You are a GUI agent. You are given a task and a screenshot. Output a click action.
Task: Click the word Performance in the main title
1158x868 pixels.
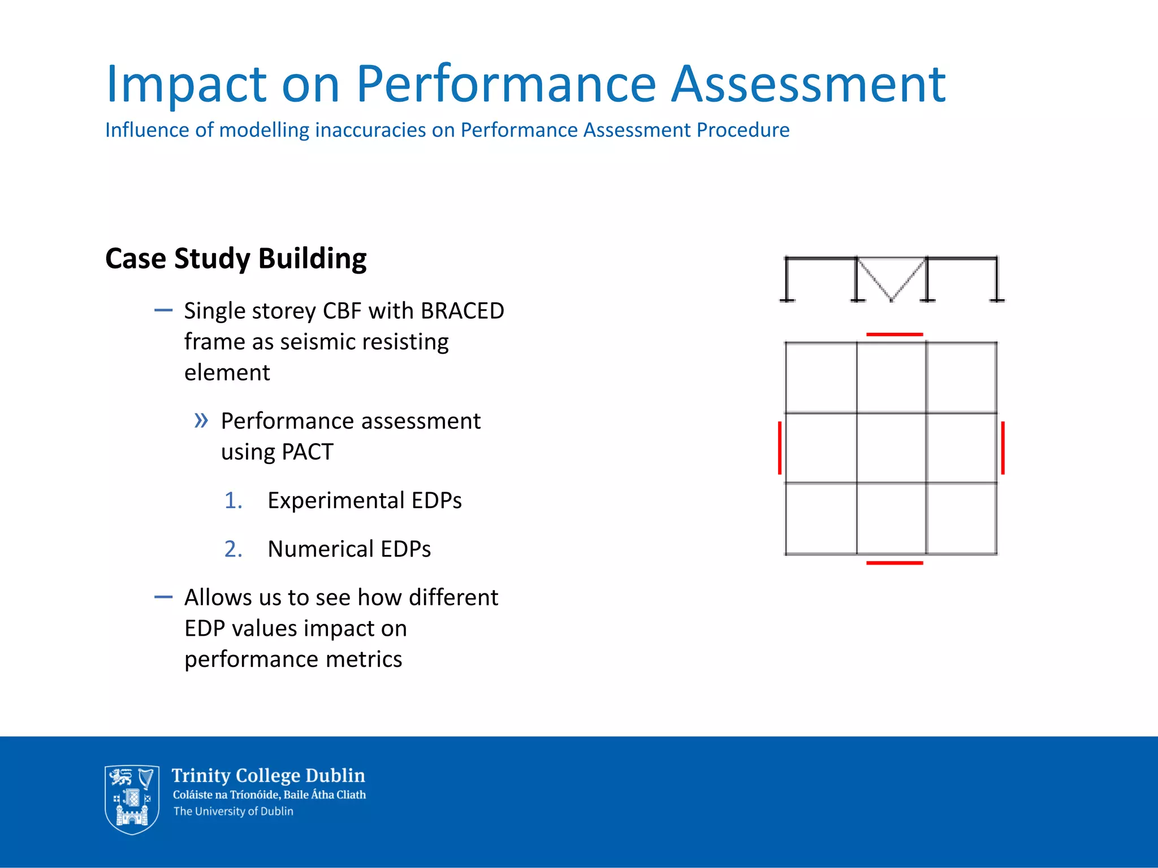coord(505,85)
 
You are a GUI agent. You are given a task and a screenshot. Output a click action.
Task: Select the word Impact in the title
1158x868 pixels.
coord(186,85)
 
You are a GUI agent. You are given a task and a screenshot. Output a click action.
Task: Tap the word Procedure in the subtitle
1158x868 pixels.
coord(743,131)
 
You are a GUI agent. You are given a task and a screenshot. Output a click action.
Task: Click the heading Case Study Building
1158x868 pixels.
coord(236,259)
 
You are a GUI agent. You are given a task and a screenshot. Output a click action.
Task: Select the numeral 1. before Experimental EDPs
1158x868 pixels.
coord(233,501)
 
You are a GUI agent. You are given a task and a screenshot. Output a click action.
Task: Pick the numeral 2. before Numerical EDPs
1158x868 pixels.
coord(233,549)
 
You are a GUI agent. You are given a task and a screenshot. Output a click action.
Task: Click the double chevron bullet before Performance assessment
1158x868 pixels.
coord(201,420)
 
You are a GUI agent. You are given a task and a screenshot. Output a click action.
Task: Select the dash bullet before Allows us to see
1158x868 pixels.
coord(163,597)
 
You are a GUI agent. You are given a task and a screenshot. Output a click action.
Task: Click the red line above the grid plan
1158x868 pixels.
coord(894,335)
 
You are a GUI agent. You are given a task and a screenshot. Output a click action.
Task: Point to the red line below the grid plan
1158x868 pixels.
coord(894,563)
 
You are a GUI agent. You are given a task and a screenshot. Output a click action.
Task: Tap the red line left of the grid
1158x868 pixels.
coord(780,448)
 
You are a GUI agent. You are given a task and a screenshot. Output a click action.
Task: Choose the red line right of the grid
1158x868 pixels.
coord(1003,448)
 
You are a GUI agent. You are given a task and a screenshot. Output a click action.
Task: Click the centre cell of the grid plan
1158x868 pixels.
coord(891,448)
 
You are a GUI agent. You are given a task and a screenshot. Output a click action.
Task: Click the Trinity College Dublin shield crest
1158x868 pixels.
coord(132,799)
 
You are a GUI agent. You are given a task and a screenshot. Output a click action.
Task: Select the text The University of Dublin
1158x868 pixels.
coord(233,811)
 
